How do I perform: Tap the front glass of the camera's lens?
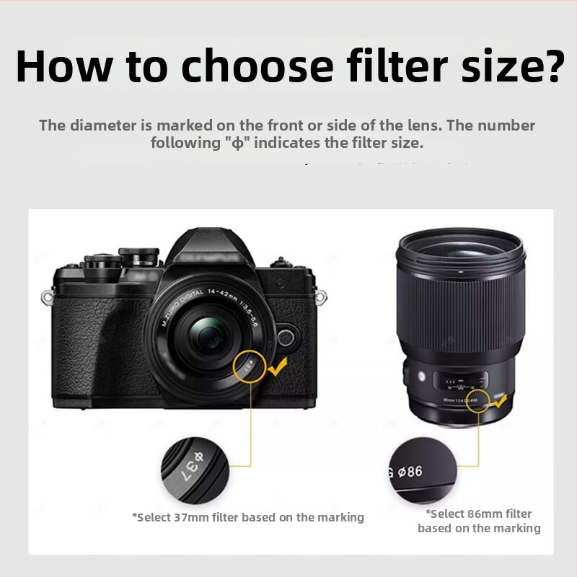click(x=209, y=340)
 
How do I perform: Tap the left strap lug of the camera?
click(x=47, y=296)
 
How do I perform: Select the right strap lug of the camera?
click(x=322, y=296)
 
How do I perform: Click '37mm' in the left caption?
click(x=191, y=517)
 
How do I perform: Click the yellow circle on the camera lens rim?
click(x=250, y=368)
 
